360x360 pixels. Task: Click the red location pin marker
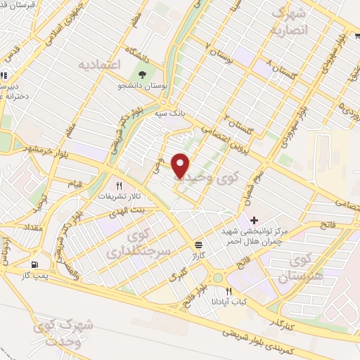pyautogui.click(x=181, y=165)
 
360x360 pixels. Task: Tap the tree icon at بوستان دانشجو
pyautogui.click(x=143, y=75)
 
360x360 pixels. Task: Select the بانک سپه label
pyautogui.click(x=171, y=112)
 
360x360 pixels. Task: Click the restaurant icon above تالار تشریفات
pyautogui.click(x=119, y=185)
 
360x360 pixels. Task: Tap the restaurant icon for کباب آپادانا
pyautogui.click(x=228, y=290)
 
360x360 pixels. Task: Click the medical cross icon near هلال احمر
pyautogui.click(x=254, y=221)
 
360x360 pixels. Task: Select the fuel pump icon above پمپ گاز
pyautogui.click(x=33, y=265)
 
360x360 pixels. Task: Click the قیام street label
pyautogui.click(x=75, y=184)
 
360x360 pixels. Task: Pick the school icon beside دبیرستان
pyautogui.click(x=4, y=75)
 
